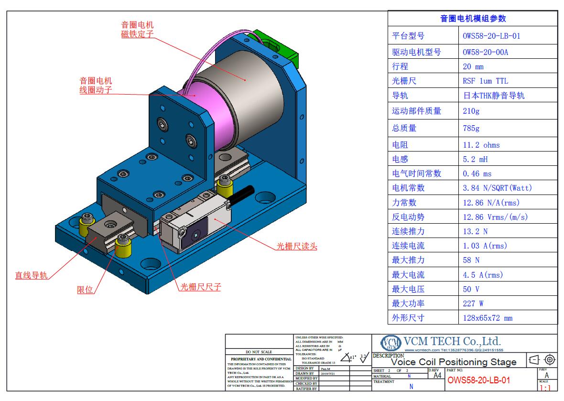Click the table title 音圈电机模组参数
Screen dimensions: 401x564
pos(473,19)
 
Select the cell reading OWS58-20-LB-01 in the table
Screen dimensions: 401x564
pos(491,36)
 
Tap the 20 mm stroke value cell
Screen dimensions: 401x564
pos(473,66)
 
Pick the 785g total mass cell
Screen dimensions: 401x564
pos(471,128)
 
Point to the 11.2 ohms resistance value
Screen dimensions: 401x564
pos(481,145)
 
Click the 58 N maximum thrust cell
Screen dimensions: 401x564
pos(471,260)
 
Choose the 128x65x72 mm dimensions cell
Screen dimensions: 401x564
pos(487,318)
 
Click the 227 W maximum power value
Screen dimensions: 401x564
pos(473,303)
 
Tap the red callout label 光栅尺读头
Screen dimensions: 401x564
pos(296,247)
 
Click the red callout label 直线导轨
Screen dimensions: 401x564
pos(31,275)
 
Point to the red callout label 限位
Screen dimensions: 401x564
pos(85,290)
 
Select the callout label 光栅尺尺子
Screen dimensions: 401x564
pos(200,287)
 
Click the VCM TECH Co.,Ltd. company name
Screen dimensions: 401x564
pos(452,341)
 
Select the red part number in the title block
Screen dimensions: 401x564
pos(478,380)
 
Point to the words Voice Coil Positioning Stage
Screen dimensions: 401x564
pos(454,362)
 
